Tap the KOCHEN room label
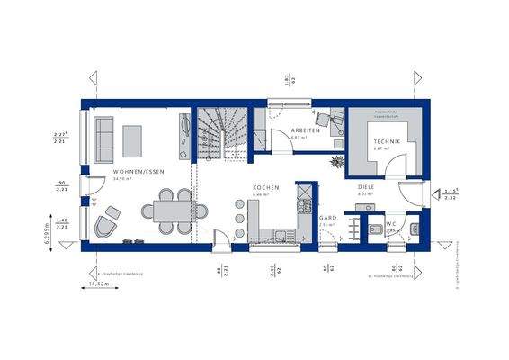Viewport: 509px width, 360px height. coord(265,187)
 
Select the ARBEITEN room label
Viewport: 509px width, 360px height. coord(306,131)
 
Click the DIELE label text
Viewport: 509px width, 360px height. coord(366,187)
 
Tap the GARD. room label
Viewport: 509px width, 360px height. coord(329,217)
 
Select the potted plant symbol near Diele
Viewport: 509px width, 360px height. coord(337,163)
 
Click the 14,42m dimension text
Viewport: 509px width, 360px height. coord(97,286)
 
